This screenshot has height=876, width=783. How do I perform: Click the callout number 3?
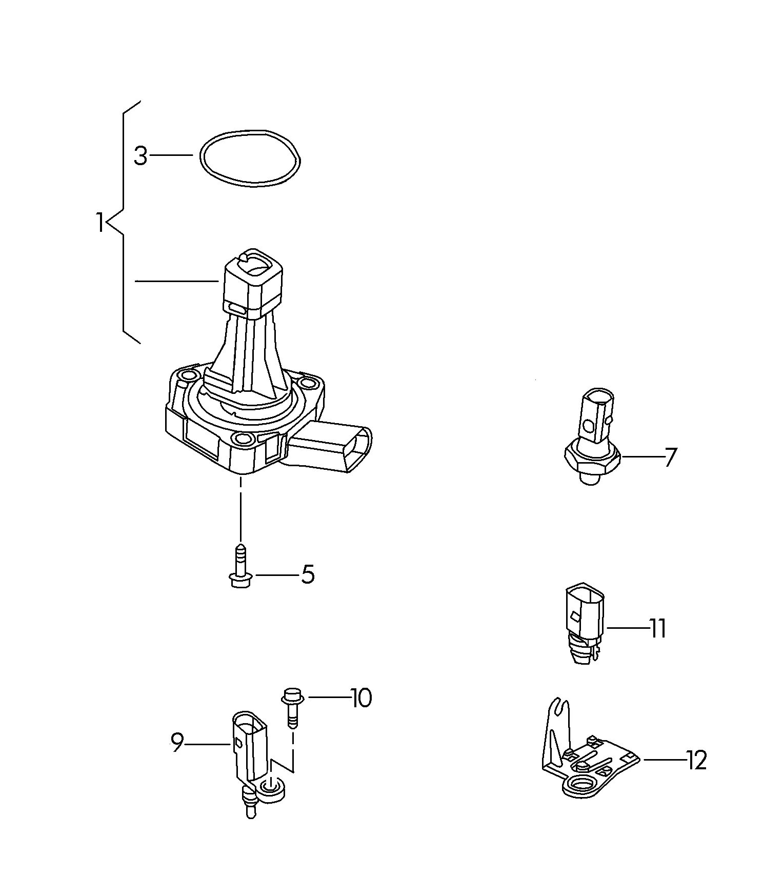coord(140,156)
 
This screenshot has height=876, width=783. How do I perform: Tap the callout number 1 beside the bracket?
coord(100,223)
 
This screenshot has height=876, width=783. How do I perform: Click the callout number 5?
coord(308,574)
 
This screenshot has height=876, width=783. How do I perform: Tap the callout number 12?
coord(697,760)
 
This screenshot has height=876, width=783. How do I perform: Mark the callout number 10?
coord(362,698)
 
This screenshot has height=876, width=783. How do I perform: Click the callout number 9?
coord(177,742)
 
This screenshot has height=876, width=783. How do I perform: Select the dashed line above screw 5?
coord(240,508)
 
